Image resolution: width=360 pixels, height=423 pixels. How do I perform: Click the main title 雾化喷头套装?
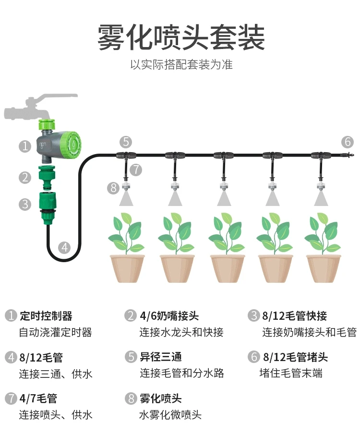click(181, 37)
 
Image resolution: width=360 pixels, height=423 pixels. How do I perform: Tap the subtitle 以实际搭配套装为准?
click(181, 65)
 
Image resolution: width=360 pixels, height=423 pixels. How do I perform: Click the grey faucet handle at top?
click(57, 97)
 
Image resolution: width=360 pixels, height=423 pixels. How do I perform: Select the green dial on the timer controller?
click(71, 145)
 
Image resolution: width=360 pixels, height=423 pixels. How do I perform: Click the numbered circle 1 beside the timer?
click(25, 146)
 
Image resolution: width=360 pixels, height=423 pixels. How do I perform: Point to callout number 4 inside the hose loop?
click(64, 248)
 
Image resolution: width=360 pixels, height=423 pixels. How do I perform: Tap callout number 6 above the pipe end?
click(348, 142)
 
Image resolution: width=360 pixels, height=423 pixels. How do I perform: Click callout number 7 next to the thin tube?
click(136, 170)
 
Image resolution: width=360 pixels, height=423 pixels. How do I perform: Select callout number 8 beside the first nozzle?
click(113, 188)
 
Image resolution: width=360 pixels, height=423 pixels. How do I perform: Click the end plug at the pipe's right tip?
click(346, 156)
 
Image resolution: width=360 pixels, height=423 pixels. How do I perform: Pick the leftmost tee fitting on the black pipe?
click(126, 156)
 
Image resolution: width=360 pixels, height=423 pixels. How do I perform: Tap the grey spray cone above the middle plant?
click(224, 198)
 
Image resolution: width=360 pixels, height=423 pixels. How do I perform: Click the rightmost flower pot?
click(324, 269)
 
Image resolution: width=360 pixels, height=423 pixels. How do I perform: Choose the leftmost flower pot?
click(127, 269)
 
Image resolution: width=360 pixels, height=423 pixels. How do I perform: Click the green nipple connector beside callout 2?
click(48, 176)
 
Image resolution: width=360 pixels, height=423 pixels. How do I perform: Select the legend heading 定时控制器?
click(46, 316)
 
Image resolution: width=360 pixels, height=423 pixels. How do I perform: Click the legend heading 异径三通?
click(161, 357)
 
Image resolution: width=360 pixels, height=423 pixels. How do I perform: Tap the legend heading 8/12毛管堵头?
click(295, 357)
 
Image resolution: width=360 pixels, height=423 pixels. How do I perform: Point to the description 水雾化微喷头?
click(170, 415)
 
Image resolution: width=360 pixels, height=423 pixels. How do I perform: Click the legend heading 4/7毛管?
click(38, 399)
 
